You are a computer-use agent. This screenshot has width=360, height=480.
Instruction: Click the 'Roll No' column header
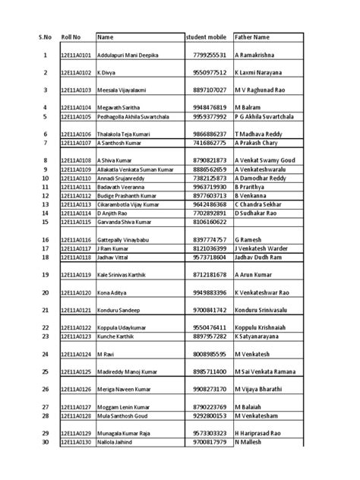[x=71, y=37]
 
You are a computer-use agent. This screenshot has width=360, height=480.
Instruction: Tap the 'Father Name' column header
[x=252, y=37]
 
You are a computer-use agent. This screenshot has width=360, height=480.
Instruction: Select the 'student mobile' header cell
[x=207, y=37]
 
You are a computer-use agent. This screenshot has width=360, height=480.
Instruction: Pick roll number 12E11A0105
[x=76, y=117]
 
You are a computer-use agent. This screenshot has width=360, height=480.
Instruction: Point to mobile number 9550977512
[x=210, y=72]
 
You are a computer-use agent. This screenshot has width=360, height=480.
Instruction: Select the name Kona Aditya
[x=112, y=292]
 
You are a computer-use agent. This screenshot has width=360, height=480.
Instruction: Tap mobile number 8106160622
[x=210, y=222]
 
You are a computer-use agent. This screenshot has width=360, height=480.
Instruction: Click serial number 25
[x=45, y=371]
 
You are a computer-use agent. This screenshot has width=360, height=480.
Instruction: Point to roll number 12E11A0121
[x=76, y=311]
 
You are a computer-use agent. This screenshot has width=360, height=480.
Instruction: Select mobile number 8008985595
[x=210, y=354]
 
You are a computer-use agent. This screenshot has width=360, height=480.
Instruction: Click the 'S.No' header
[x=45, y=37]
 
